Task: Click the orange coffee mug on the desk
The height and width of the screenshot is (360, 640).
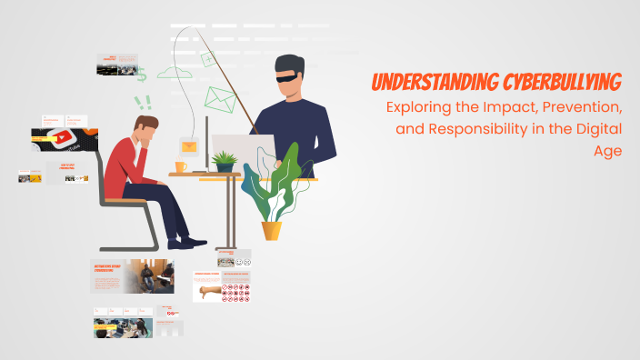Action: [x=180, y=166]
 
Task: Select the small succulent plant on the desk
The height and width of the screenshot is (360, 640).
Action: [x=223, y=161]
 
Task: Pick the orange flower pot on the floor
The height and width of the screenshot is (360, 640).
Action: [x=272, y=230]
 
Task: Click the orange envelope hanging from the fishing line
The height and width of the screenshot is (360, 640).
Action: [x=188, y=145]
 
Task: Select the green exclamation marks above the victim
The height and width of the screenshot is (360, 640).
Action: [x=142, y=103]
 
